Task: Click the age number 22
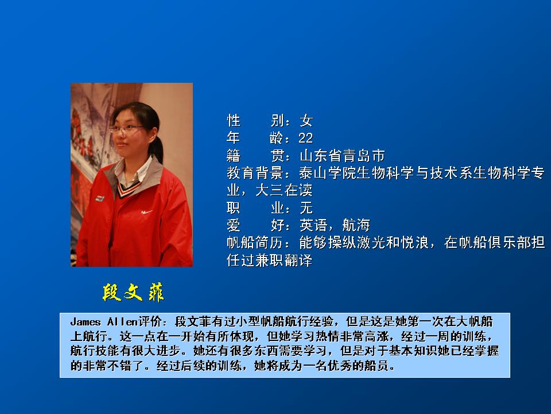click(305, 138)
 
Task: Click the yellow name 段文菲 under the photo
click(133, 292)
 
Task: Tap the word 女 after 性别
click(306, 121)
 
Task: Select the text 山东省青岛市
click(342, 155)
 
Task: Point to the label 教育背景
click(255, 173)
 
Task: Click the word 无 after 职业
click(306, 208)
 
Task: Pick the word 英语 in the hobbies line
click(313, 225)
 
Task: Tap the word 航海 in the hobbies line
click(356, 225)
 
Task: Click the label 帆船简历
click(255, 243)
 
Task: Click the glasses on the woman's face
click(126, 128)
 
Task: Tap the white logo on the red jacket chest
click(146, 212)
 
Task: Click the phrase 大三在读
click(284, 190)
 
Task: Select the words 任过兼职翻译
click(270, 260)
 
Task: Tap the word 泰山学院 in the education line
click(328, 173)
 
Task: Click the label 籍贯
click(255, 155)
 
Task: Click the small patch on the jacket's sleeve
click(99, 198)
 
